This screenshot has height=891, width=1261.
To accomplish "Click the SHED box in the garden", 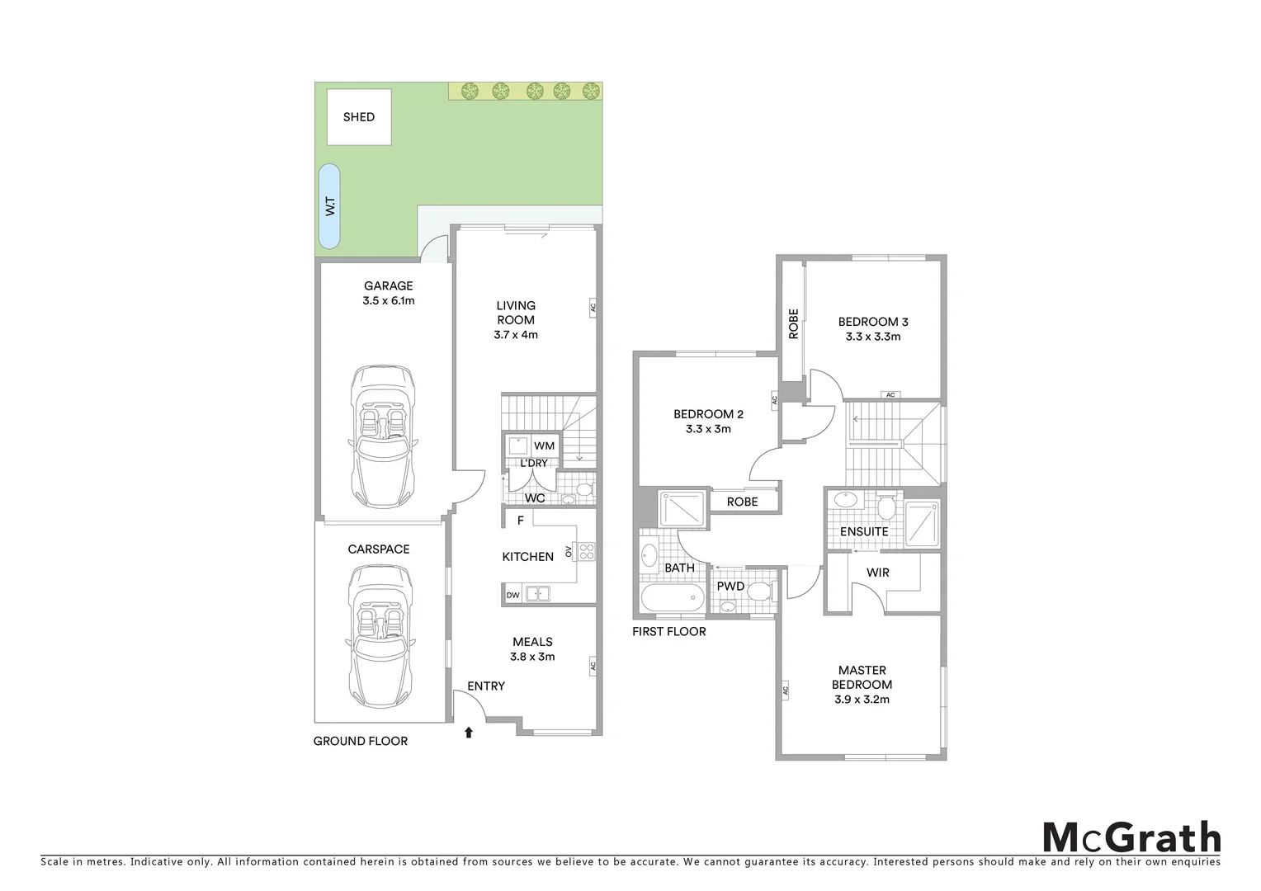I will (x=359, y=117).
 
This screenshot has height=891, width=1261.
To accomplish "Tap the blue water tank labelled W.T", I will (x=329, y=206).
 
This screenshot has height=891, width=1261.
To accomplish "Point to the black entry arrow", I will (x=469, y=732).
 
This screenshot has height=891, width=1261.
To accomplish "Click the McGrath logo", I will (x=1131, y=837).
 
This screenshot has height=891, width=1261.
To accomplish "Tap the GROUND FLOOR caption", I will (x=361, y=741).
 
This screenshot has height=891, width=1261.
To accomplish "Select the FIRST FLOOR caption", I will (x=669, y=631).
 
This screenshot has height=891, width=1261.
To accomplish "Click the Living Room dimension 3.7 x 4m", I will (x=516, y=335).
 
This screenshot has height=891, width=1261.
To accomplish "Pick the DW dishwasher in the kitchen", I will (x=512, y=594).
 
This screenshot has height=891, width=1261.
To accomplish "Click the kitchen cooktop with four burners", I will (x=587, y=551).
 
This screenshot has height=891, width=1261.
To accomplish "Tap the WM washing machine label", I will (x=544, y=445).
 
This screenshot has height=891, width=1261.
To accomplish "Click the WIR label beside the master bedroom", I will (x=878, y=572).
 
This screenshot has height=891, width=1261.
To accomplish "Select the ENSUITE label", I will (x=864, y=531).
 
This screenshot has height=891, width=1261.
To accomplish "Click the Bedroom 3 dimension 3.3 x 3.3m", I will (x=873, y=337).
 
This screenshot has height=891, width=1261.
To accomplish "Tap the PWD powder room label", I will (x=730, y=587).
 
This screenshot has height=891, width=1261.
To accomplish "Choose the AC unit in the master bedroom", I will (x=785, y=690).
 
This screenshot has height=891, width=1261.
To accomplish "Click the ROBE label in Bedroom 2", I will (x=742, y=502).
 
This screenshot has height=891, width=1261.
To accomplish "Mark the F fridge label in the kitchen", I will (x=520, y=521).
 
